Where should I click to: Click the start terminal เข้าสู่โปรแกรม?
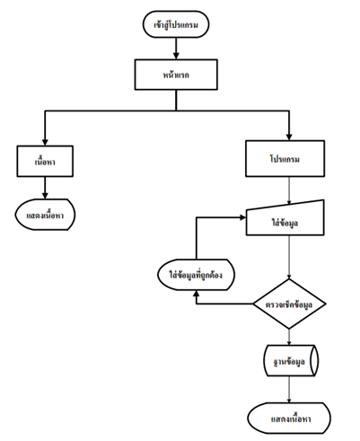[176, 24]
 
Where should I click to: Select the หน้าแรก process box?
[176, 75]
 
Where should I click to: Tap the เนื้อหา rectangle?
[45, 161]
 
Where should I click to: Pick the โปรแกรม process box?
[285, 159]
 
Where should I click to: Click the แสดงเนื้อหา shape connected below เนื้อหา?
[45, 215]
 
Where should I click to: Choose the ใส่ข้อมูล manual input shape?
[285, 218]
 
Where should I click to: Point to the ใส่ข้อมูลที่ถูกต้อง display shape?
[196, 275]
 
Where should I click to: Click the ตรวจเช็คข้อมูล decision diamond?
[289, 304]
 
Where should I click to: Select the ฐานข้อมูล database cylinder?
[291, 360]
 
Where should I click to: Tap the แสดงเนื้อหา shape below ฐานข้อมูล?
[289, 418]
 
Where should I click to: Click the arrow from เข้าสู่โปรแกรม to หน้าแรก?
[176, 49]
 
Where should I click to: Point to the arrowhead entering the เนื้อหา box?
[45, 142]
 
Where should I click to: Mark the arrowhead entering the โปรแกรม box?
[289, 137]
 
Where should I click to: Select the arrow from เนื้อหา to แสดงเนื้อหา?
[45, 188]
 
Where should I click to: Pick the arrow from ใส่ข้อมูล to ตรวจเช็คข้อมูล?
[289, 257]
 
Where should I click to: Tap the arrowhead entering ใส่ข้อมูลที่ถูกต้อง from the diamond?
[196, 294]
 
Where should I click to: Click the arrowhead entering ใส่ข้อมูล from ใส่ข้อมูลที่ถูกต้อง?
[242, 217]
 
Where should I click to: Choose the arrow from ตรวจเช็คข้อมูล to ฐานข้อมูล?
[289, 337]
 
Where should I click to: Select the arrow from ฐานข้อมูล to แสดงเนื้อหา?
[289, 390]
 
